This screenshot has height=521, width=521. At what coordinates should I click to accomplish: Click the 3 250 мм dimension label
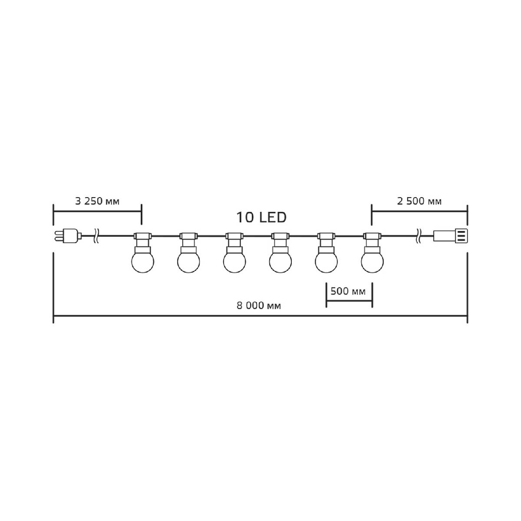[97, 201]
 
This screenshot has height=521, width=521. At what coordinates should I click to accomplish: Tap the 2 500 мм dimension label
[419, 201]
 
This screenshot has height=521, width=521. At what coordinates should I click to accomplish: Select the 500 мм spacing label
[348, 291]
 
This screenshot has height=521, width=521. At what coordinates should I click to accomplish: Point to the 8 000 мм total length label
[259, 306]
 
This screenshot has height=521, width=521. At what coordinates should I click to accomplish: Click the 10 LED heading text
[261, 218]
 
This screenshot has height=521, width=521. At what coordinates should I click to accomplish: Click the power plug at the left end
[68, 236]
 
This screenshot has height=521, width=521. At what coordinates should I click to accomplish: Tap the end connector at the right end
[450, 236]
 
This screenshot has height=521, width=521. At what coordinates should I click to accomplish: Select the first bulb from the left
[143, 261]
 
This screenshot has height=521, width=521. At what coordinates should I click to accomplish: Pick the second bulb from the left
[189, 261]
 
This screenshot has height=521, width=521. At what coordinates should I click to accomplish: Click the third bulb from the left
[234, 261]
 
